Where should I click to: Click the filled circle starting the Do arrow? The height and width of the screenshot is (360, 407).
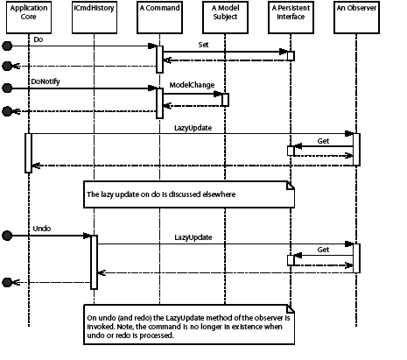tap(7, 46)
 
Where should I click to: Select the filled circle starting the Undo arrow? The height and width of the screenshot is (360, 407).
tap(7, 235)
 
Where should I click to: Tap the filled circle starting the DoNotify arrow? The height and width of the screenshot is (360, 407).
tap(7, 87)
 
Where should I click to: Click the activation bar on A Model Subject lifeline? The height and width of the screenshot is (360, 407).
tap(225, 99)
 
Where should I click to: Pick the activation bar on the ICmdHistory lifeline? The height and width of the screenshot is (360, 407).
tap(93, 260)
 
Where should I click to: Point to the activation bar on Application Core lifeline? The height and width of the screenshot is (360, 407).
tap(28, 152)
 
